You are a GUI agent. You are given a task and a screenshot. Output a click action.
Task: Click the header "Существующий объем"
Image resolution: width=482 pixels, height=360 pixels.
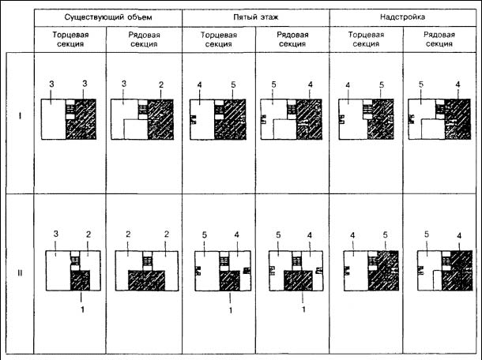click(108, 17)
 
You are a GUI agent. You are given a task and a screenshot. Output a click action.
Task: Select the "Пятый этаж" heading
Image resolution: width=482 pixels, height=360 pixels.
click(256, 17)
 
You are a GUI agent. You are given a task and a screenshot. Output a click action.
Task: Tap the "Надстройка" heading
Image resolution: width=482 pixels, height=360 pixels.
click(402, 17)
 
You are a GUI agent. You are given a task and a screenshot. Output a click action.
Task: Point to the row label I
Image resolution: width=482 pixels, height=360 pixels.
click(21, 116)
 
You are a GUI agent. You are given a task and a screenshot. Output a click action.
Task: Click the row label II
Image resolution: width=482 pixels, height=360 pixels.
click(20, 273)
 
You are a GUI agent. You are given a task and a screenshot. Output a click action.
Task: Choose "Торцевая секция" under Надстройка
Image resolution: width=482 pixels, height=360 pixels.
click(366, 39)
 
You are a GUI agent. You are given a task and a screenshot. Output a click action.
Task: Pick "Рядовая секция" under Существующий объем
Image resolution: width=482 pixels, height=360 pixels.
click(144, 39)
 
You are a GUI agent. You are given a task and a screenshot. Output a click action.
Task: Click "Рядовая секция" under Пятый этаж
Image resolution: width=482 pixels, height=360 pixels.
click(292, 39)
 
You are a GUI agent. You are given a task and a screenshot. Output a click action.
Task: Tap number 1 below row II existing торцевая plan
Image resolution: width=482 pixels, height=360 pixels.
click(82, 309)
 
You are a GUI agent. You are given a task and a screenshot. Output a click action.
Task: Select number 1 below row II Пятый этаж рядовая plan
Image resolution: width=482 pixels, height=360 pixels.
click(303, 309)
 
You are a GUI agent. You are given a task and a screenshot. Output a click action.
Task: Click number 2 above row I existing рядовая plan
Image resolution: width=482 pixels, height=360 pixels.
click(161, 84)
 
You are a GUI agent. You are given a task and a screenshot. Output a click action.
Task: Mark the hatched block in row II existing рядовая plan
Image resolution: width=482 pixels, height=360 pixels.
click(146, 280)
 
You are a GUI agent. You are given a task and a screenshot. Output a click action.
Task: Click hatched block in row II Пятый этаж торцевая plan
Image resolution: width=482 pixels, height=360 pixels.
click(230, 280)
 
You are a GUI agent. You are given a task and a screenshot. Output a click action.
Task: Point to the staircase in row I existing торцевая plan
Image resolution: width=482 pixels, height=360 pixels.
click(70, 110)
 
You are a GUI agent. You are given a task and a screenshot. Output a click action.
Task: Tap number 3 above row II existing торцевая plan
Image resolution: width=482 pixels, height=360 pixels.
click(55, 234)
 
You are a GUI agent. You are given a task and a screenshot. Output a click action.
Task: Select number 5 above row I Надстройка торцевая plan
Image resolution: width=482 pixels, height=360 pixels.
click(382, 84)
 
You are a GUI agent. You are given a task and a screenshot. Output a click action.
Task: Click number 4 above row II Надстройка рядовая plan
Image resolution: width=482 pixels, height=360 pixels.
click(459, 235)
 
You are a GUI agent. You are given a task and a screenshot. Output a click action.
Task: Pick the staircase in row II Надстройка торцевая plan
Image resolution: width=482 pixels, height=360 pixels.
click(373, 261)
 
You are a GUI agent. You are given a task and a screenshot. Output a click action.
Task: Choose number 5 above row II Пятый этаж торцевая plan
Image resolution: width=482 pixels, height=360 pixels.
click(205, 235)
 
